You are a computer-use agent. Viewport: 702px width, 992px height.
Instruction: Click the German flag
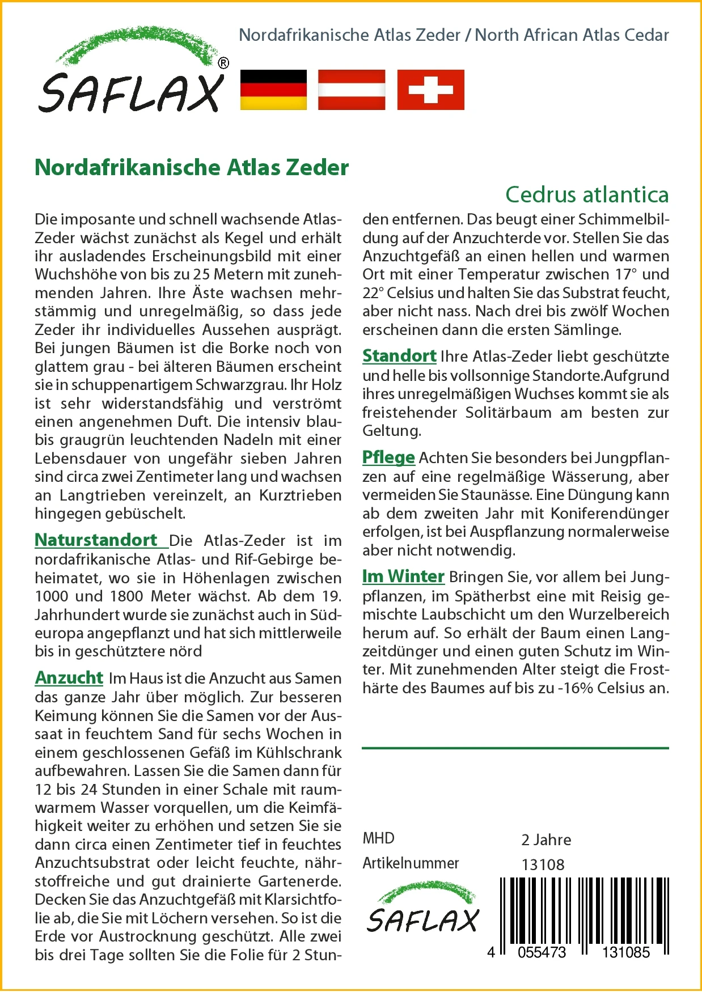coord(273,90)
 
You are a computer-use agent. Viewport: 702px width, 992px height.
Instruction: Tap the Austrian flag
coord(352,90)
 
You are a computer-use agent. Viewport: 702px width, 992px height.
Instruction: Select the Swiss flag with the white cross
coord(430,90)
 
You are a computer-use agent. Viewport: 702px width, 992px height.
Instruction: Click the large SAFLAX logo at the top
coord(132,74)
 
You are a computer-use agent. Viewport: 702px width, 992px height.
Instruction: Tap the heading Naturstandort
coord(96,540)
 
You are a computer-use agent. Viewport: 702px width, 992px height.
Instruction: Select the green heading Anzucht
coord(69,677)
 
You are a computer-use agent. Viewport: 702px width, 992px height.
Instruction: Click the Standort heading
coord(399,356)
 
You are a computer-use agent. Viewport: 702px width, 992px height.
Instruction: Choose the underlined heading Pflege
coord(388,457)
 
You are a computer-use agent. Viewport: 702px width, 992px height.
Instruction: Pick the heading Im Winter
coord(403,576)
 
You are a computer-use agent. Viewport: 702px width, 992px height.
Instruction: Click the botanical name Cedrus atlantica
coord(587,194)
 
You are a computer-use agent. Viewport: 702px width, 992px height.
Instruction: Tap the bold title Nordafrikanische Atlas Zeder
coord(192,168)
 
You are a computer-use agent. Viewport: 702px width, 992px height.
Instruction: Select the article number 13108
coord(543,864)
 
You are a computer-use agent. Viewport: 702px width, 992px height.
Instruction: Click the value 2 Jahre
coord(546,840)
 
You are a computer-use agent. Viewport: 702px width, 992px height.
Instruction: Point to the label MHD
coord(378,838)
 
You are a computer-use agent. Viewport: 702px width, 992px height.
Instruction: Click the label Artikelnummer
coord(411,863)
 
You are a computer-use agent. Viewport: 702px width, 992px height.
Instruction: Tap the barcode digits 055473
coord(542,952)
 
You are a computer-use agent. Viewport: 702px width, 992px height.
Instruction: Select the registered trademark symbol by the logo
coord(223,63)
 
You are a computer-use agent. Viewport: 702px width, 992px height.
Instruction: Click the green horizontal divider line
coord(515,748)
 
